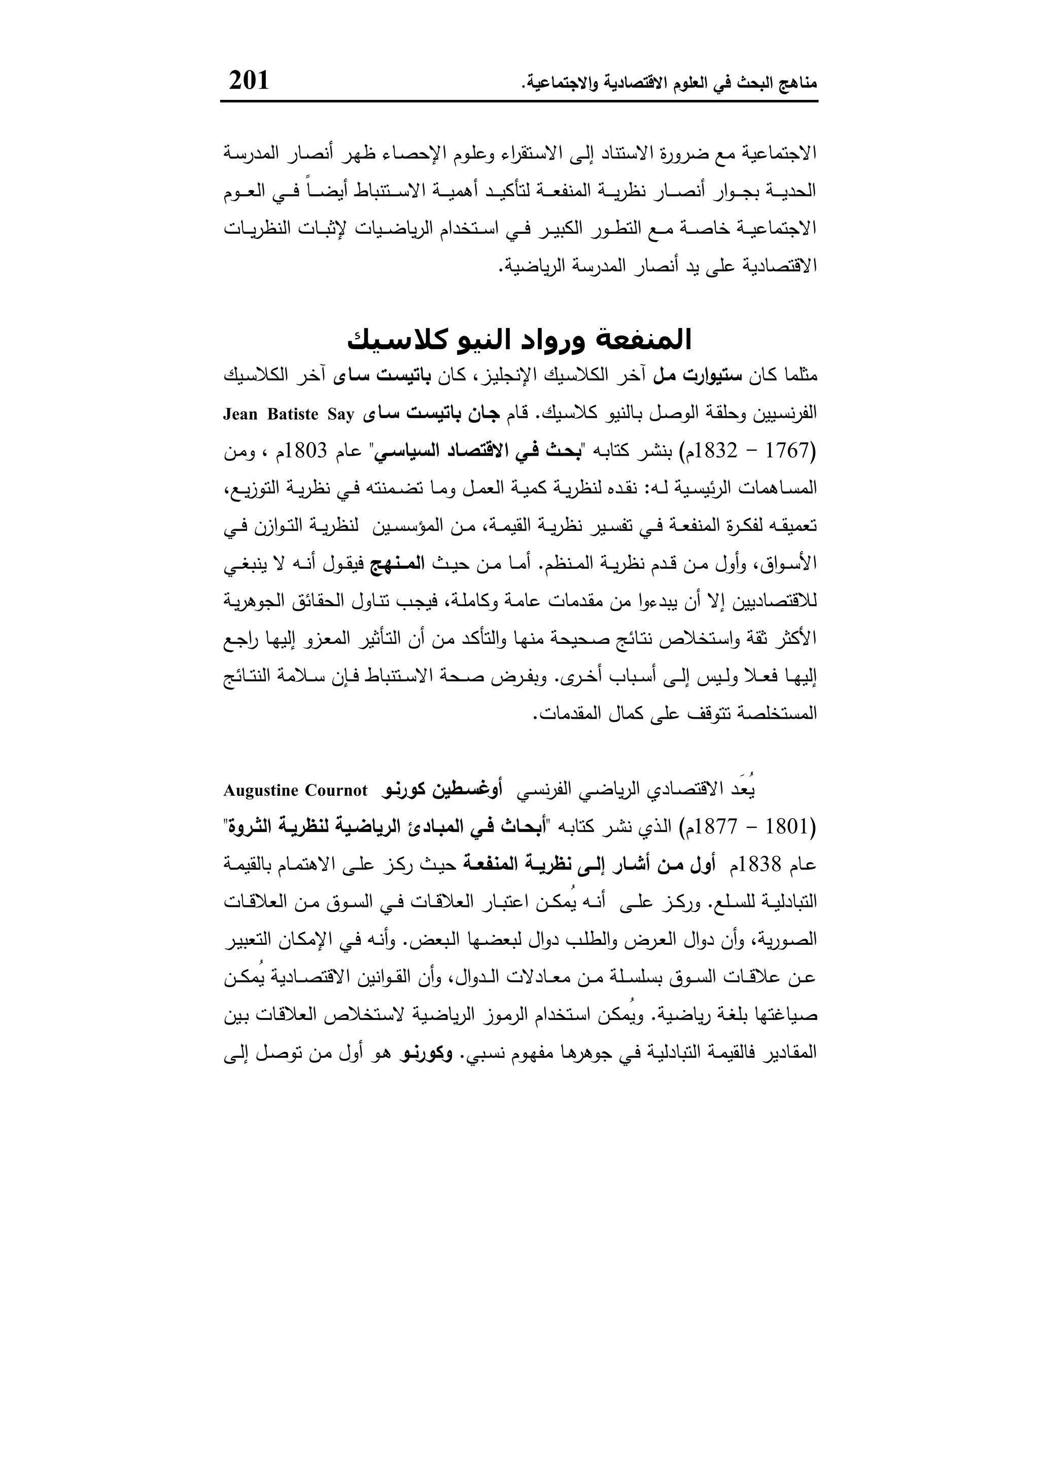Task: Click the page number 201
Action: click(249, 81)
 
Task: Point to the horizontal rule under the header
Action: click(519, 101)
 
